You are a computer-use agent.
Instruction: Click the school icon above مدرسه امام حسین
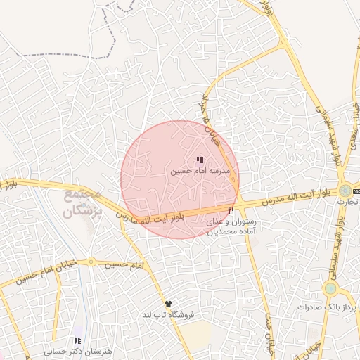point(200,161)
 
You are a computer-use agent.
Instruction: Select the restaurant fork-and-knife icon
point(231,211)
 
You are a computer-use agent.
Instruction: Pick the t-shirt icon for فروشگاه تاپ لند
point(167,304)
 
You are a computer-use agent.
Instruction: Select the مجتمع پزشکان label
point(83,202)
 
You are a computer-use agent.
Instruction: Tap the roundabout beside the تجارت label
point(345,191)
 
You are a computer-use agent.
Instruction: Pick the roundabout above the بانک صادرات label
point(330,288)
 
